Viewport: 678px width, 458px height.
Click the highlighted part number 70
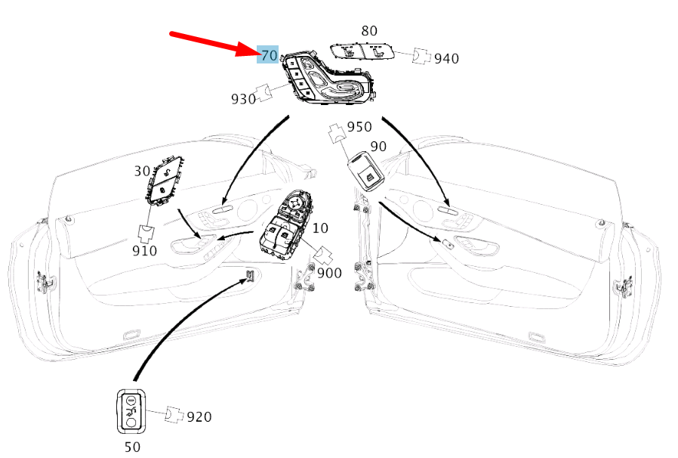[x=269, y=55]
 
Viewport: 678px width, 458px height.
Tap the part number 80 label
[x=369, y=31]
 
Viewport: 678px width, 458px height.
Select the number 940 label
[x=446, y=58]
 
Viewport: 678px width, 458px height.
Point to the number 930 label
[x=243, y=99]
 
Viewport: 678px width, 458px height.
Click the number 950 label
[x=359, y=126]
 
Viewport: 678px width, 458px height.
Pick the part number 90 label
[x=378, y=147]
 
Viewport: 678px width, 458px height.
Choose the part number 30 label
[x=142, y=171]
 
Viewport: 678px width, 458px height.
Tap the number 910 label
[x=144, y=251]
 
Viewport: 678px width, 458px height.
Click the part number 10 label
[x=320, y=227]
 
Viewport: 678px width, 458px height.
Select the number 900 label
[x=329, y=273]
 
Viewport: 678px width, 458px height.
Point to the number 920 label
[x=199, y=417]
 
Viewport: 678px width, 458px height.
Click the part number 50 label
[x=132, y=447]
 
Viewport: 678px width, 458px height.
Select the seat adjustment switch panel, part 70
[x=328, y=79]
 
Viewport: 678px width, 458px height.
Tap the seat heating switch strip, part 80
[x=362, y=52]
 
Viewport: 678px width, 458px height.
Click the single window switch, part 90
[x=365, y=171]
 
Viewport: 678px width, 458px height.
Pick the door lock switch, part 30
[x=164, y=180]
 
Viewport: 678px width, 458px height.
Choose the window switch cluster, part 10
[x=285, y=225]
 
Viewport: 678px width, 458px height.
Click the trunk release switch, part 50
[x=131, y=411]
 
